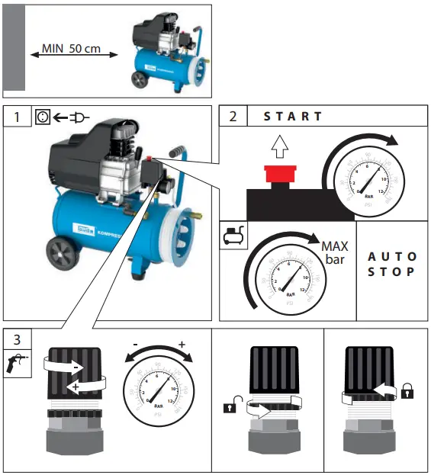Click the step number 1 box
18,117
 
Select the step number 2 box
233,117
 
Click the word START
293,117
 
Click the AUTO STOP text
392,264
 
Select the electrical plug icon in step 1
79,117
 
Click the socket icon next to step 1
44,117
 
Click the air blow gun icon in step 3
18,365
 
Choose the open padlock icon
229,408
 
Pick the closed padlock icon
407,392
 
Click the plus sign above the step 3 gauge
182,345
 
